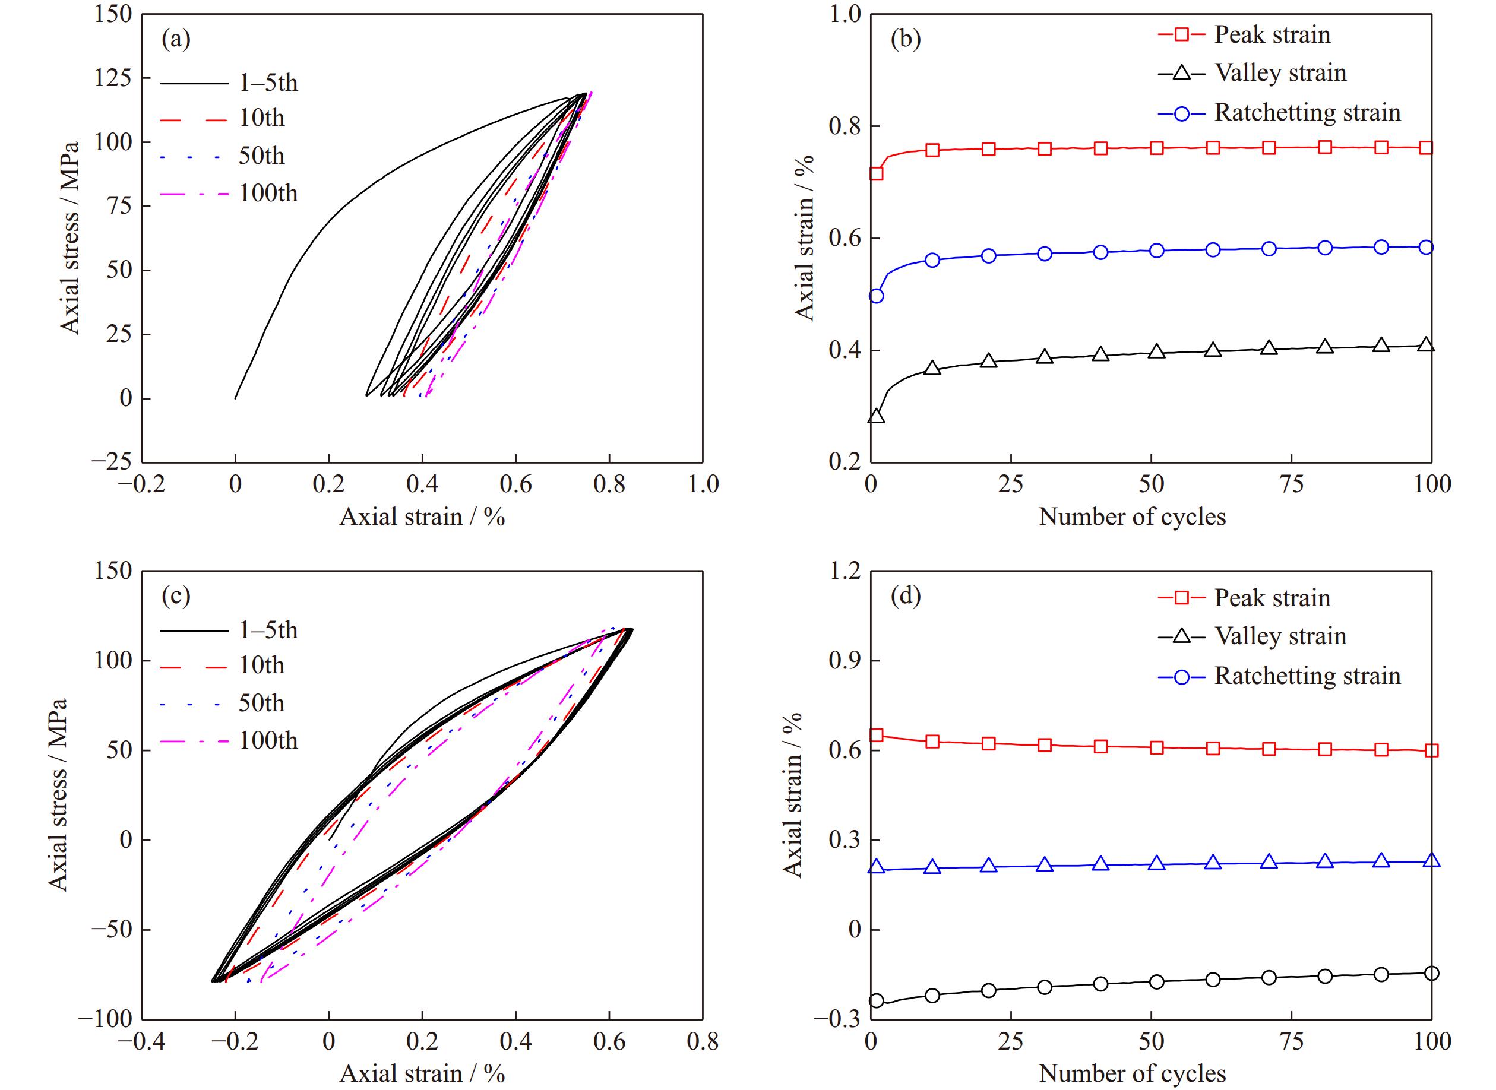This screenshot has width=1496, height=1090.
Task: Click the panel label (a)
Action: tap(176, 40)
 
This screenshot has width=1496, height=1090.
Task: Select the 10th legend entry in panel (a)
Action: tap(261, 118)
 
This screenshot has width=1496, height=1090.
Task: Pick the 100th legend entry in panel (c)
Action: tap(268, 740)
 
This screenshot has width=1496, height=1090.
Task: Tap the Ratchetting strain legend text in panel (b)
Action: tap(1307, 113)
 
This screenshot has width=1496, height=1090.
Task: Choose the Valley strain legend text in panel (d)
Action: tap(1280, 636)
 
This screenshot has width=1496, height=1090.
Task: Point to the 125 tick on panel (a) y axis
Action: tap(113, 78)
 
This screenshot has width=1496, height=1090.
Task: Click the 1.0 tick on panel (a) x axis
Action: tap(702, 484)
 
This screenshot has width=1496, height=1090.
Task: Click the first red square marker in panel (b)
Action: tap(877, 173)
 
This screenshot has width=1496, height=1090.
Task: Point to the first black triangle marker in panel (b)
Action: tap(877, 416)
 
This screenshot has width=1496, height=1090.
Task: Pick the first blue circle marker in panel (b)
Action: tap(877, 296)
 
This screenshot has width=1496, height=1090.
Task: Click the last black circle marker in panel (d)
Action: tap(1431, 973)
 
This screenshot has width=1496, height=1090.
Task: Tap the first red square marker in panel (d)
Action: tap(877, 736)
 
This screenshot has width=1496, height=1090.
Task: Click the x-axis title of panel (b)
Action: tap(1133, 517)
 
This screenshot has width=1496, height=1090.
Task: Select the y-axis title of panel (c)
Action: tap(59, 795)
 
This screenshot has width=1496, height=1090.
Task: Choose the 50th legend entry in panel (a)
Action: tap(261, 156)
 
